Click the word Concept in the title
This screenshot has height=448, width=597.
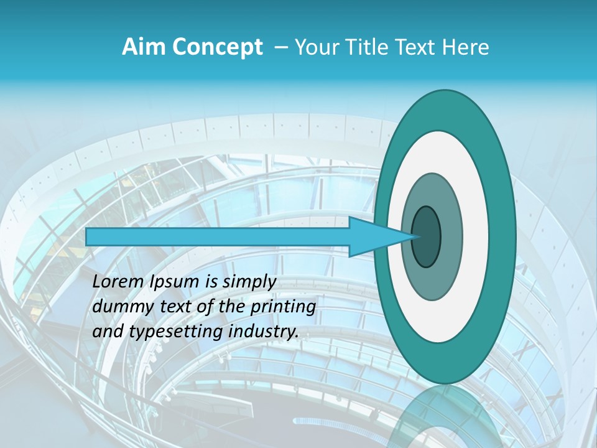point(218,48)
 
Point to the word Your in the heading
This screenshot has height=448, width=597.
point(314,47)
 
